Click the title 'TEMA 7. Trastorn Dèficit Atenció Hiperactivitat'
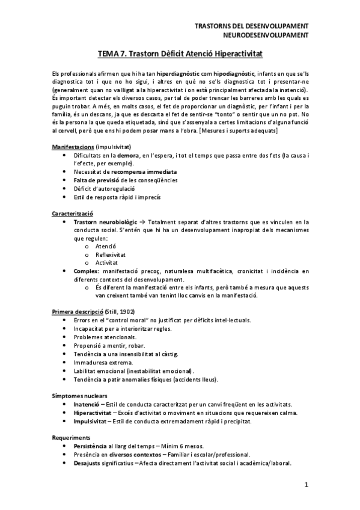coord(180,54)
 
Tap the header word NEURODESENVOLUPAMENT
coord(266,35)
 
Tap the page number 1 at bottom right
coord(306,484)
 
